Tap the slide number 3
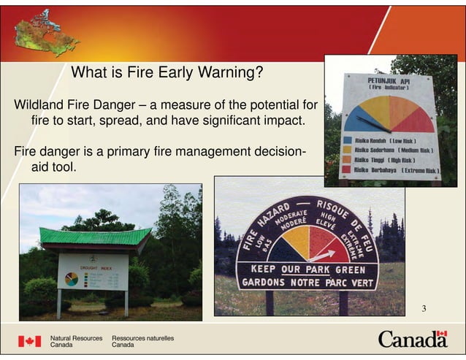423,308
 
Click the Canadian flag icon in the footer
30,341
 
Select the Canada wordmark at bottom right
412,340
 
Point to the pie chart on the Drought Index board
72,279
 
